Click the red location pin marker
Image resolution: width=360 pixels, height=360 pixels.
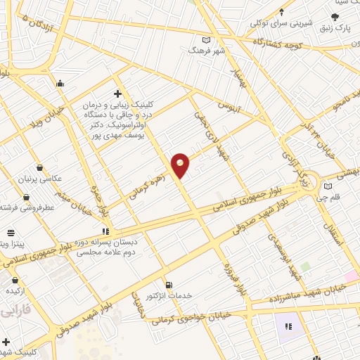(x=181, y=165)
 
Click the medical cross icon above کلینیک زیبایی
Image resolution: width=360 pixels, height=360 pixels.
(x=117, y=94)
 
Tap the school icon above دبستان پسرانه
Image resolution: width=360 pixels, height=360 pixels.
(x=105, y=230)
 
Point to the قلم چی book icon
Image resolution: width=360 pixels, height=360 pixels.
(x=328, y=186)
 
